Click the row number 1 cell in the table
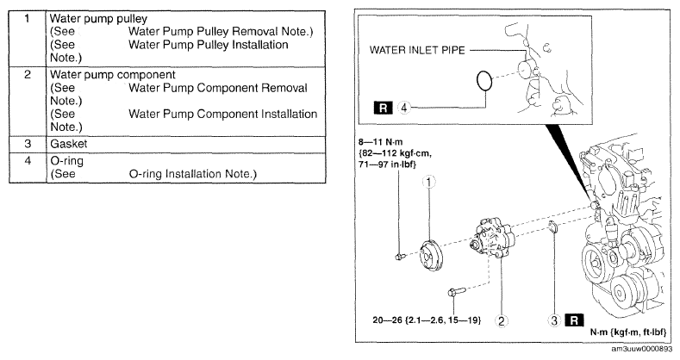28,38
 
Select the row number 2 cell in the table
28,102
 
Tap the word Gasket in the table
69,144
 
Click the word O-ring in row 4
66,161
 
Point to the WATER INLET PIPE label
417,50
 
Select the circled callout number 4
403,108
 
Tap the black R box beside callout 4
383,108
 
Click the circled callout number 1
429,183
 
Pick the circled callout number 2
502,320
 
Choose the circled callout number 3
555,320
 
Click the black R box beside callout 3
574,320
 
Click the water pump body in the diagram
493,239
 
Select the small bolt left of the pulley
400,257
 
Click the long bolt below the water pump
457,291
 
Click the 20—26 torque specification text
427,320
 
